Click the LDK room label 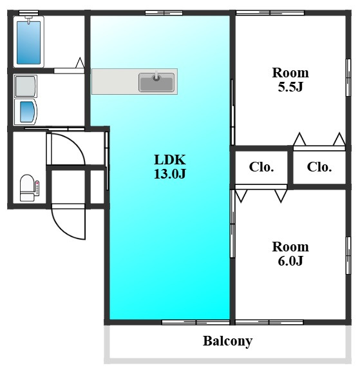[170, 160]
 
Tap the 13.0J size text [170, 173]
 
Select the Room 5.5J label [290, 80]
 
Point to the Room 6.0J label [290, 254]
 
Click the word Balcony [228, 341]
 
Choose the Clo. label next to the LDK [261, 167]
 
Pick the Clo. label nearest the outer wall [319, 167]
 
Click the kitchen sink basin [156, 82]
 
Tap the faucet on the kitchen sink [156, 76]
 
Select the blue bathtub [28, 43]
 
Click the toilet [27, 188]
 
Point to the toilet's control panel [37, 188]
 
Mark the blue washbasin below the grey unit [27, 112]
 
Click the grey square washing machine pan [26, 86]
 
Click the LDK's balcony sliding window [196, 322]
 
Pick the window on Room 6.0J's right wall [348, 255]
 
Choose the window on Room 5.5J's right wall [348, 77]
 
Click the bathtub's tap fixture [28, 19]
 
